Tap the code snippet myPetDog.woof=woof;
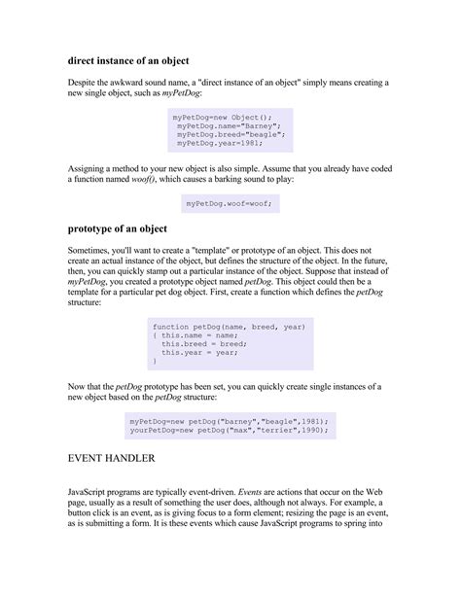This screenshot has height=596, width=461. click(x=230, y=203)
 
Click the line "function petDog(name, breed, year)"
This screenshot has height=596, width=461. click(x=230, y=327)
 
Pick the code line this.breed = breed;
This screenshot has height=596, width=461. click(x=203, y=343)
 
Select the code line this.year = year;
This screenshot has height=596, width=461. click(x=200, y=352)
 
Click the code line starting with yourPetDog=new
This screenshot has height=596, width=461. click(x=230, y=429)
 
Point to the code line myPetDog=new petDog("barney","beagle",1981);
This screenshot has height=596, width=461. click(x=230, y=420)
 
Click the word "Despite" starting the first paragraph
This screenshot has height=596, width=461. click(x=85, y=85)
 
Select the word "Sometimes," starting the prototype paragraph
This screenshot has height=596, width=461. click(x=92, y=252)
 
